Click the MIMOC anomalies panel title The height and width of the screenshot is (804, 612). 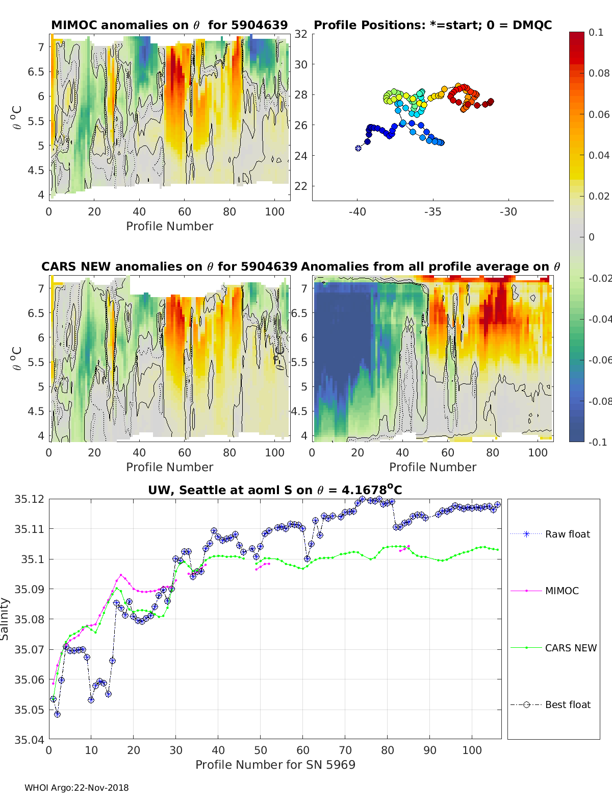click(169, 25)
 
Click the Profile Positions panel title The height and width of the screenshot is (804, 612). click(432, 25)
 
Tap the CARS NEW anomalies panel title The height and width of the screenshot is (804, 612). click(169, 266)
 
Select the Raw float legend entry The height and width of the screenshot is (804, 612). click(567, 534)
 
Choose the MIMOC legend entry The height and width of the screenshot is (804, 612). click(562, 591)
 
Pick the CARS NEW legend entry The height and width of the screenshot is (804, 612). click(570, 648)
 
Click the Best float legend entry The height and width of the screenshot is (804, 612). click(567, 704)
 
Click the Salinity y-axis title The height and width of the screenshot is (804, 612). click(5, 619)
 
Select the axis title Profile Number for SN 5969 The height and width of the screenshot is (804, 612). click(275, 764)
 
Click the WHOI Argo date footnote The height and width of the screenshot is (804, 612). click(76, 788)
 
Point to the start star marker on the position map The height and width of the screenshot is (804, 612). click(358, 148)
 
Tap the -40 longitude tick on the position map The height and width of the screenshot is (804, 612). click(357, 212)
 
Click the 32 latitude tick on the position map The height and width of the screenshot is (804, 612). click(301, 34)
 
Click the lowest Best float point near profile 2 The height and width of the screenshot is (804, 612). click(57, 714)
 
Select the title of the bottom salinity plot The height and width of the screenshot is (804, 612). click(275, 490)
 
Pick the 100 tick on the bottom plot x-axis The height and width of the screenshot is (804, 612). click(472, 750)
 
